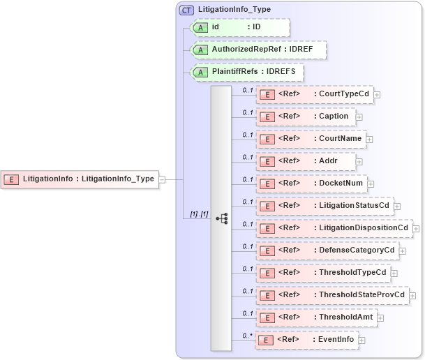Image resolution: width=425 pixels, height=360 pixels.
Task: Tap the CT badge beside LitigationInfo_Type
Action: (186, 10)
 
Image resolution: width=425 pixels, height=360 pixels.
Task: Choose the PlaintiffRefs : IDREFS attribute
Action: (247, 72)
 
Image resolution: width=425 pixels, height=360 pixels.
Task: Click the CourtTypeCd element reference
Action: (314, 94)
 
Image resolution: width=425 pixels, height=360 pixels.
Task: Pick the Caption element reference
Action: (306, 117)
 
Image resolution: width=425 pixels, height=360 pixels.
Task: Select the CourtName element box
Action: (311, 139)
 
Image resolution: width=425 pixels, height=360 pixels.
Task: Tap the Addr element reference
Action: (306, 161)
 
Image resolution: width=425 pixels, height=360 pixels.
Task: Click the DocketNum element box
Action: (312, 183)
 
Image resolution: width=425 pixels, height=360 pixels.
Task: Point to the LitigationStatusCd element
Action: (324, 206)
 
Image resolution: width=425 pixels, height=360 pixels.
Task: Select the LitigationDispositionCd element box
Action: (334, 228)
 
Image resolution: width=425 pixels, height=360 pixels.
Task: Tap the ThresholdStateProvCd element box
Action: (332, 295)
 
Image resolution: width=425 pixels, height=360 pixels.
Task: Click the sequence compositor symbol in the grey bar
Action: (221, 218)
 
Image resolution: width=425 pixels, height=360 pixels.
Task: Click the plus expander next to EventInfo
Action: (361, 340)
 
